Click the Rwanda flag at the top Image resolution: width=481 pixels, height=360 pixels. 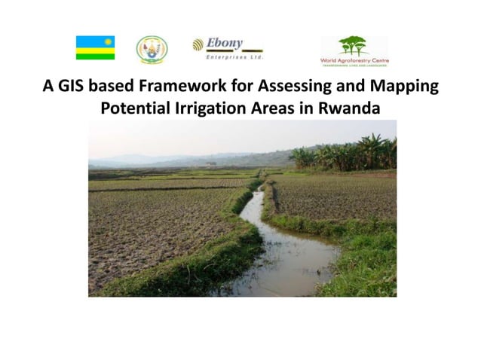point(95,47)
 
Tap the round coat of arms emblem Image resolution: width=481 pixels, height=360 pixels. point(152,49)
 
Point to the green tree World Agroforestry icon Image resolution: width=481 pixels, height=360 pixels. point(354,45)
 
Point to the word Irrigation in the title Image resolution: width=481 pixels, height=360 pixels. point(222,108)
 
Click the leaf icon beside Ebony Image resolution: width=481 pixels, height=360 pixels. point(198,44)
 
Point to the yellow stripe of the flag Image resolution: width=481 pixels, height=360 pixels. point(95,50)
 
